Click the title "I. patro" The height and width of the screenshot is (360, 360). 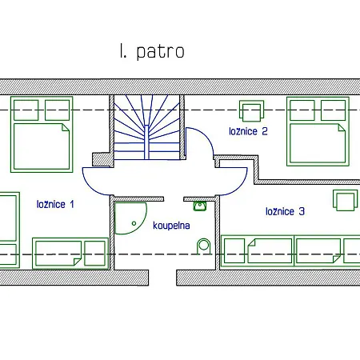(152, 51)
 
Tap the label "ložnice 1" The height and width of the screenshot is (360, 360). (55, 204)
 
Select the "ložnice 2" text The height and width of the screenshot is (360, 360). (248, 131)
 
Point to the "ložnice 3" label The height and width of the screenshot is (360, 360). (285, 211)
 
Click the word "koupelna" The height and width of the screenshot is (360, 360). (171, 226)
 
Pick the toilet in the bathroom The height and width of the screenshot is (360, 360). (204, 246)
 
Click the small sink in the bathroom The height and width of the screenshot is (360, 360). (200, 206)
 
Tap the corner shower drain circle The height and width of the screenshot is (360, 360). (134, 223)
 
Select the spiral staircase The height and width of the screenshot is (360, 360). (146, 127)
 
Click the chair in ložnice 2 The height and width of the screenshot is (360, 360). (251, 110)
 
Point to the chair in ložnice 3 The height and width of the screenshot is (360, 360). (346, 200)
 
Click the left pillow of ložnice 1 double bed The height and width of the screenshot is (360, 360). (26, 110)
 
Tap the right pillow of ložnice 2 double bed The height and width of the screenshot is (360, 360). (334, 110)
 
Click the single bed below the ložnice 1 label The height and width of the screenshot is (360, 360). (70, 254)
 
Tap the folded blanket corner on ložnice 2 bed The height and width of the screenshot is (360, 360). (342, 127)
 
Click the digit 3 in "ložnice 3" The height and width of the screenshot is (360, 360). (302, 211)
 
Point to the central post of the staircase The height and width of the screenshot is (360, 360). (146, 142)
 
